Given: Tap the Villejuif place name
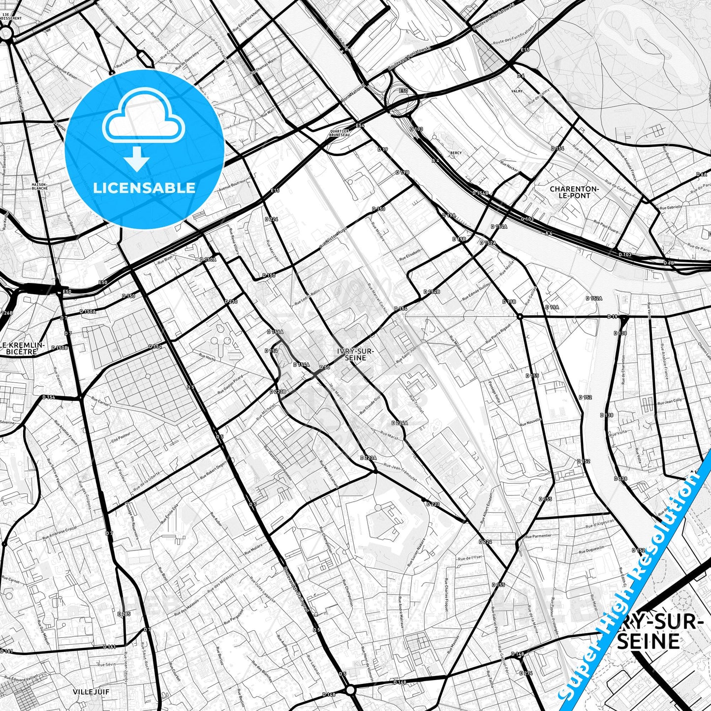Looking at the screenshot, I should pos(91,691).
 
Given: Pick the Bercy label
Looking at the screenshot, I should pos(456,153).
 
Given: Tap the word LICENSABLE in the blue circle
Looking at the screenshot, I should pos(144,187).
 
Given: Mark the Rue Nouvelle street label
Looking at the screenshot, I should pos(530,422).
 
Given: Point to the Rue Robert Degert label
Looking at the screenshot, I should pos(213,470).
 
